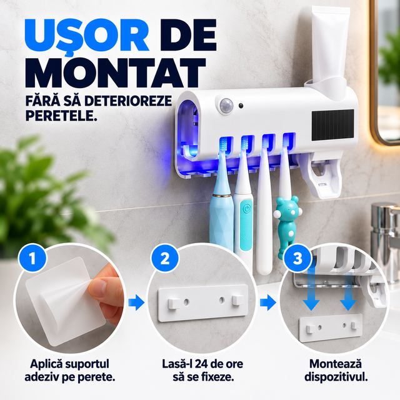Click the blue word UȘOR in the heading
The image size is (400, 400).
coord(87,36)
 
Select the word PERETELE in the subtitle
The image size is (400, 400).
coord(61,116)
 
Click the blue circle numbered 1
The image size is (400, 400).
coord(32,258)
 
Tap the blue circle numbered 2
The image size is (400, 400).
coord(165,258)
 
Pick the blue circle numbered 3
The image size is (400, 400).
coord(297,258)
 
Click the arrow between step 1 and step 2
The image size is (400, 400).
coord(136,302)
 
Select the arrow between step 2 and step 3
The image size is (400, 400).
coord(268,302)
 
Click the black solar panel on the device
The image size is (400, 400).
coord(332,125)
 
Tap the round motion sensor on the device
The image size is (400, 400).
coord(226,106)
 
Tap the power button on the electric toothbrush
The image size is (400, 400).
coord(246,209)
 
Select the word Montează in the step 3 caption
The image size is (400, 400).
coord(336,364)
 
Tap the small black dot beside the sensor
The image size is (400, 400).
coord(241,106)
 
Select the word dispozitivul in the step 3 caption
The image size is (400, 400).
coord(336,377)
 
